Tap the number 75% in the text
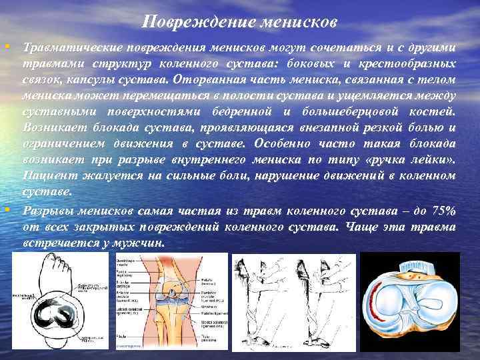coord(441,211)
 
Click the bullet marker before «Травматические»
coord(6,47)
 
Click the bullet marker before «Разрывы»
coord(6,210)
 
